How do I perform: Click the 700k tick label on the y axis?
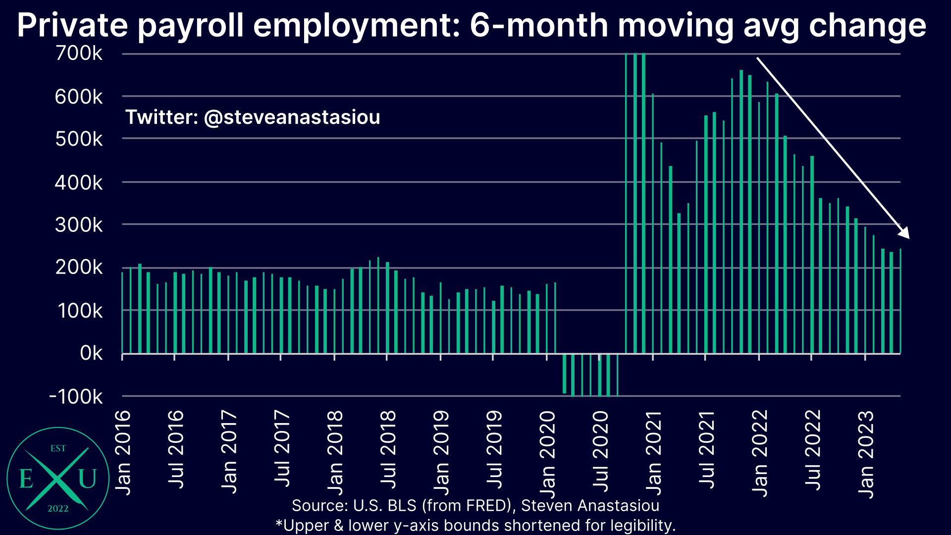pos(79,53)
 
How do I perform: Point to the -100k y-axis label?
pos(76,397)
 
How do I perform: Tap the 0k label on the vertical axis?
pos(91,353)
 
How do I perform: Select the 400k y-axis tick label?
pos(79,183)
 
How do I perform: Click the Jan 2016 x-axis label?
pos(123,452)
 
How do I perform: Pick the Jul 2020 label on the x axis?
pos(600,451)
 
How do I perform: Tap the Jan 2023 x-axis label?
pos(866,454)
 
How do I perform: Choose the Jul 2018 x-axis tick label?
pos(388,450)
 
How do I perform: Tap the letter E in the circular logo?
pos(26,479)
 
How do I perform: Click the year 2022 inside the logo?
pos(58,509)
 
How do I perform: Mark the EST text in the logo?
pos(58,448)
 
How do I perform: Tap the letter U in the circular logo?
pos(88,479)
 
